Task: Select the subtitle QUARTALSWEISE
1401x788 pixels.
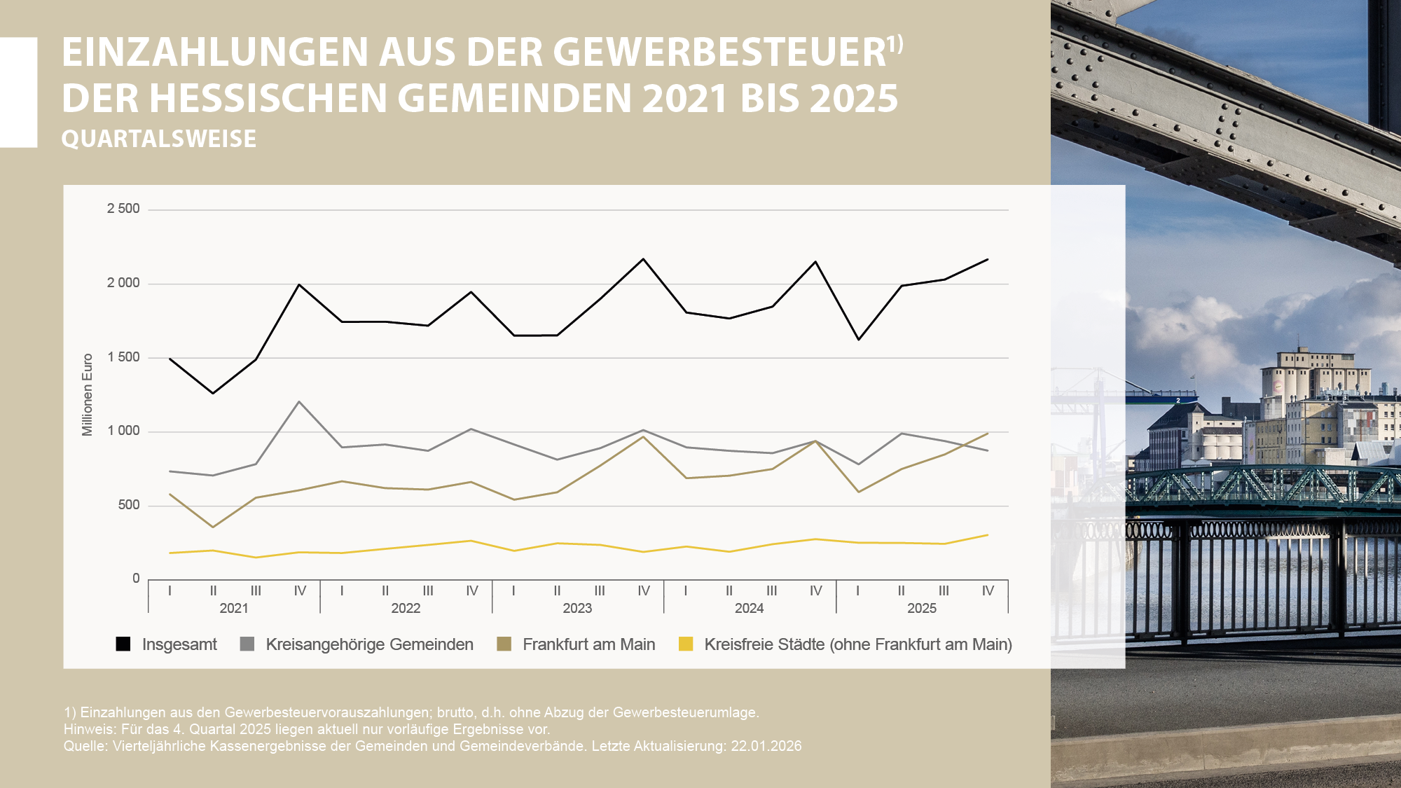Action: tap(159, 139)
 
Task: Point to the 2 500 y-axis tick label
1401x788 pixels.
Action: tap(123, 209)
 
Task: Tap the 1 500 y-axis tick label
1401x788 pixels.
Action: tap(123, 357)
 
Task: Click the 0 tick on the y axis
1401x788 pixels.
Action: tap(136, 579)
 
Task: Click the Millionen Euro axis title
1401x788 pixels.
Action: tap(88, 394)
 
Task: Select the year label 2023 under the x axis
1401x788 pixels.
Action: tap(577, 608)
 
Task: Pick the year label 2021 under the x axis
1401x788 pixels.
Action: tap(234, 608)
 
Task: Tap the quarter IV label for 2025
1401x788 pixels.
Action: tap(988, 590)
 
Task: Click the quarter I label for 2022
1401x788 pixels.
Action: tap(342, 590)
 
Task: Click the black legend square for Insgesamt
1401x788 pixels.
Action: tap(123, 644)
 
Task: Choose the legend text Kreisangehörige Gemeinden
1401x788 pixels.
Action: tap(369, 644)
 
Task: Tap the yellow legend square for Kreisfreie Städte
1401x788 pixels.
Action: tap(686, 644)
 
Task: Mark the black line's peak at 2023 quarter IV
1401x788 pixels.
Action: tap(644, 259)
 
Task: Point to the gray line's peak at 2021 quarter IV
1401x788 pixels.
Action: tap(300, 401)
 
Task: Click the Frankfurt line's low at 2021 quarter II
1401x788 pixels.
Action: tap(213, 527)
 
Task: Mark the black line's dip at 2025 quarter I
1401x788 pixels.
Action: tap(859, 340)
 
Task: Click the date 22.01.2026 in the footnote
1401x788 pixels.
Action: tap(766, 746)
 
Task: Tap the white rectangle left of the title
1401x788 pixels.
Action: tap(18, 92)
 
